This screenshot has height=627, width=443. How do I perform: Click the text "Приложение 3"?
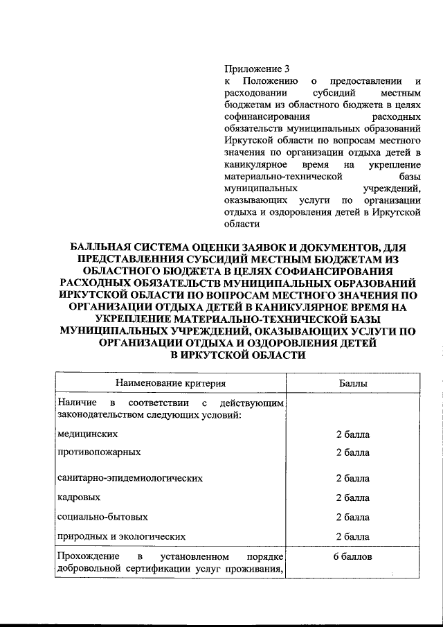[255, 69]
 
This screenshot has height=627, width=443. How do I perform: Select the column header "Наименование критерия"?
[171, 382]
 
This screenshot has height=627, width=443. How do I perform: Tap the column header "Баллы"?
[352, 382]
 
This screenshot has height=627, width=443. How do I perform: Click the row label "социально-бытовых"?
[102, 517]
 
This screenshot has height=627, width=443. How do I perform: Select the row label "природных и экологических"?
[122, 536]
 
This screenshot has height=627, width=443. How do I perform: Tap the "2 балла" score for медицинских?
[352, 434]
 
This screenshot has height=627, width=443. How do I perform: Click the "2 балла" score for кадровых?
[352, 497]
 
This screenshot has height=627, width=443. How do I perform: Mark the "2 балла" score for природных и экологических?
[352, 536]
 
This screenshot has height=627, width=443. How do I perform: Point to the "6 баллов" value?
[352, 556]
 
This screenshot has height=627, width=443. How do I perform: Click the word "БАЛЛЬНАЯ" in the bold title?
[102, 248]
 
